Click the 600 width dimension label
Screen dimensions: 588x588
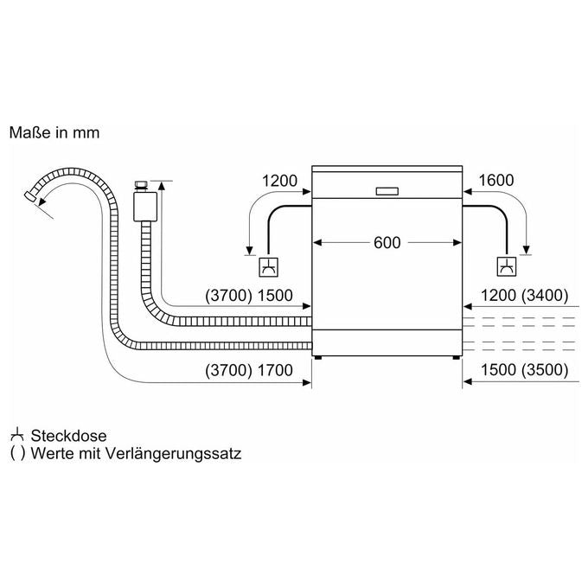coord(387,243)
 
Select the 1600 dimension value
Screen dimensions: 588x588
coord(496,181)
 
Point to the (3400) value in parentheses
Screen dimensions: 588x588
coord(545,296)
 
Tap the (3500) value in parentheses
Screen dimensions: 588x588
coord(545,370)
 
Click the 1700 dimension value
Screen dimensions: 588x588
coord(275,370)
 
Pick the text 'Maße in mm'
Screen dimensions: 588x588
coord(54,133)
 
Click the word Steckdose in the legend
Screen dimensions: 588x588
coord(68,436)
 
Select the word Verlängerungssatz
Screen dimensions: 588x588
coord(173,454)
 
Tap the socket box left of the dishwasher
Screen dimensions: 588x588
coord(269,267)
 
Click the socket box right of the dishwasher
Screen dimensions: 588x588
coord(506,266)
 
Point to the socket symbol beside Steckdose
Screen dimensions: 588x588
coord(17,435)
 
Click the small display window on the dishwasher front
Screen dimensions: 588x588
coord(387,191)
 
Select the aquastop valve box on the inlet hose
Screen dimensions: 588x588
coord(145,207)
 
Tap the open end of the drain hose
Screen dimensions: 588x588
coord(29,196)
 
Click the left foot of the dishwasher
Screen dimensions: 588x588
coord(318,358)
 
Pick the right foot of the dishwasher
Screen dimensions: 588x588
coord(456,358)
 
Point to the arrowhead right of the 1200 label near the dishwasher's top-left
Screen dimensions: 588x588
coord(307,192)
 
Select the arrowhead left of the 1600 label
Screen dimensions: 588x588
coord(467,192)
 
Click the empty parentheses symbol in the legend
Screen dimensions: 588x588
coord(17,454)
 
